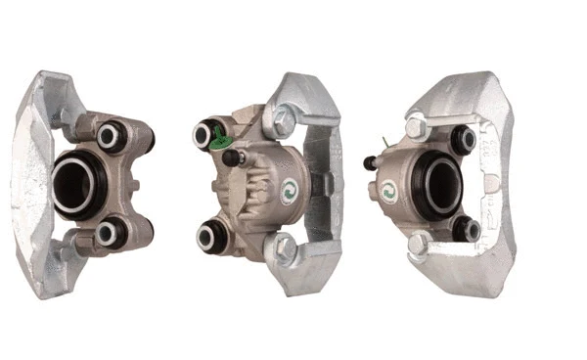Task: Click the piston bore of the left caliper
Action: point(75,184)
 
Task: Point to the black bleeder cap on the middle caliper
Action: point(233,157)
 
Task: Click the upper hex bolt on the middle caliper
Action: point(285,122)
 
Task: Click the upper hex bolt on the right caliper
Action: point(416,128)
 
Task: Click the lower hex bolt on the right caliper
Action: point(417,243)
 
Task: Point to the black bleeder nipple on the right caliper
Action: point(372,162)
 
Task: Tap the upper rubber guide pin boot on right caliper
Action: point(466,139)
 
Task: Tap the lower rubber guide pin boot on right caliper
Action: point(466,230)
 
